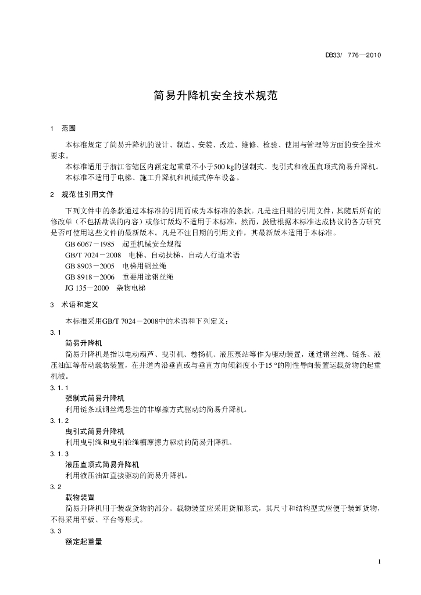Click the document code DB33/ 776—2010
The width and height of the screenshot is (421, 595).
(x=353, y=56)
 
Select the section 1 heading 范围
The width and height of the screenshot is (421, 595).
(x=69, y=128)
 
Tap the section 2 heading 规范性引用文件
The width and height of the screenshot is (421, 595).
(x=88, y=194)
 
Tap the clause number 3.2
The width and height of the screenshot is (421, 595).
(x=56, y=486)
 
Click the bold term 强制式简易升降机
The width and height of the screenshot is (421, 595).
(x=95, y=399)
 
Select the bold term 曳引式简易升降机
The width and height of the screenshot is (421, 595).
(x=95, y=431)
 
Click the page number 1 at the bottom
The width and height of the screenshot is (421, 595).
(x=379, y=561)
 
